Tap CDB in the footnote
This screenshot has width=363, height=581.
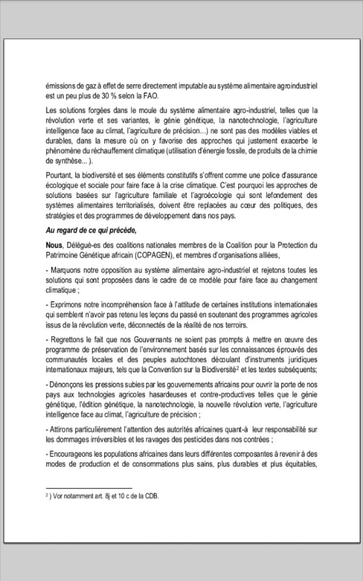[152, 496]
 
